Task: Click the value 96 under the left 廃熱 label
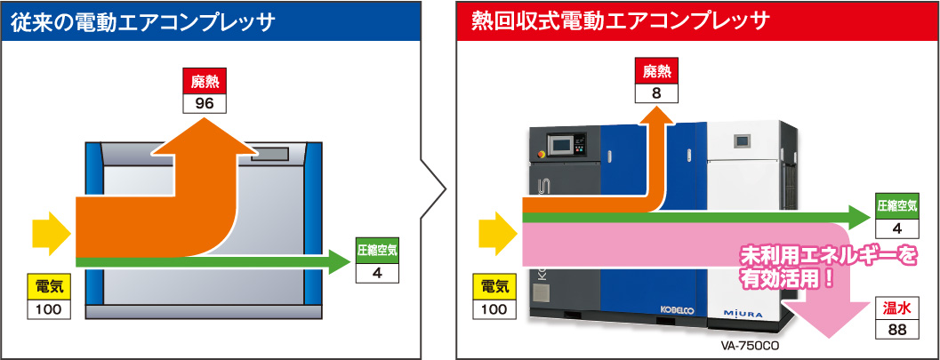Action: click(x=205, y=103)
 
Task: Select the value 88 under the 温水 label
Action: click(x=896, y=329)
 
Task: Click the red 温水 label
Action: click(x=896, y=308)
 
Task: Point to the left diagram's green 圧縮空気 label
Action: click(x=377, y=252)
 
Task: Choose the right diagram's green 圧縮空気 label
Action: click(x=896, y=206)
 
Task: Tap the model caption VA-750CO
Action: click(x=744, y=347)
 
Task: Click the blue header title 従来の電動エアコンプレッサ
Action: click(x=142, y=22)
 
